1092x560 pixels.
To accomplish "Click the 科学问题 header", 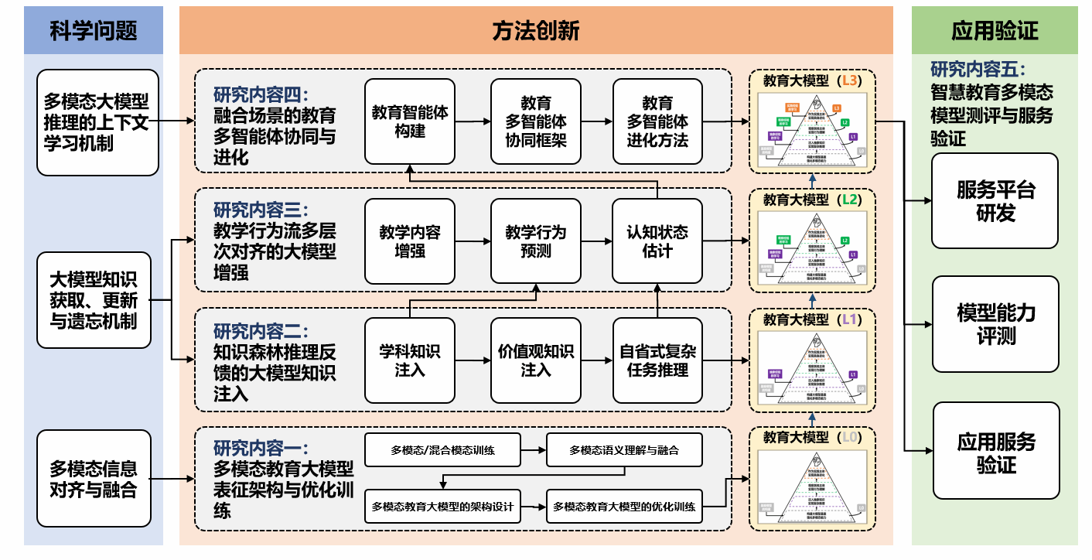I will coord(94,30).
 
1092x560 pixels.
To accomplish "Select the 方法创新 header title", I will coord(535,30).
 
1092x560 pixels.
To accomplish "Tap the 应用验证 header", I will coord(995,30).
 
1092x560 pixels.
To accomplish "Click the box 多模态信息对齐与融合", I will coord(94,479).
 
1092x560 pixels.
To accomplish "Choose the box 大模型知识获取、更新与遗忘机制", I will coord(94,299).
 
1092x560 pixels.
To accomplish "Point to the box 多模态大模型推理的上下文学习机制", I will coord(97,122).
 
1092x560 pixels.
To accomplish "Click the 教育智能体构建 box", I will coord(410,121).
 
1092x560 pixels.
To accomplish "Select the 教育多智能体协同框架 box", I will coord(536,121).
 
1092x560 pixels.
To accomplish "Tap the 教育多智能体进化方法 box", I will coord(657,121).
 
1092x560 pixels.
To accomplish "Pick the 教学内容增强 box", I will coord(410,241).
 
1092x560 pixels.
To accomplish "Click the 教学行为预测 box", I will coord(536,241).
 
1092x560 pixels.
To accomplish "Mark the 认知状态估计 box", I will coord(657,241).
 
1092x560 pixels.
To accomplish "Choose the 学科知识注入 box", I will coord(410,360).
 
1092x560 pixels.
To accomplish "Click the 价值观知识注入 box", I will coord(536,360).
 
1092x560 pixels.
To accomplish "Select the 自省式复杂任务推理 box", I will coord(657,360).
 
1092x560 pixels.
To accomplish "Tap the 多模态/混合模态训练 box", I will coord(442,450).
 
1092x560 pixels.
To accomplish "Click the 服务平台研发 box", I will coord(995,201).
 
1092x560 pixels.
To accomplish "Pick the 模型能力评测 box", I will coord(995,324).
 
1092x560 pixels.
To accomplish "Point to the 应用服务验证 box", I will coord(995,451).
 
